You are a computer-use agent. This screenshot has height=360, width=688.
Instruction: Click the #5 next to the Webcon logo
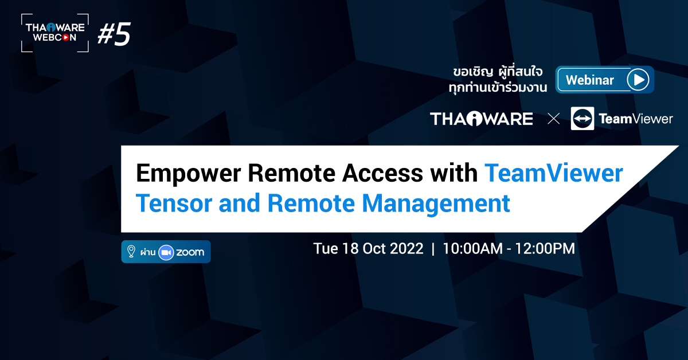114,35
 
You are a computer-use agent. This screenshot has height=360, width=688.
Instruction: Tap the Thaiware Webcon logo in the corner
55,33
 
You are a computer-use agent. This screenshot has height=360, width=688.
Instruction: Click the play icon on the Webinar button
637,80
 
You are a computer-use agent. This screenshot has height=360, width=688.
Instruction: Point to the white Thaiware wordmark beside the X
481,119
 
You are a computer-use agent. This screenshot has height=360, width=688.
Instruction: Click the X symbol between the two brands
553,119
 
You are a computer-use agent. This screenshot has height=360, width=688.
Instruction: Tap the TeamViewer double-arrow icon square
583,119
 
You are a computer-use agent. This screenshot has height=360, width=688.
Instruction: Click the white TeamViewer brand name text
635,119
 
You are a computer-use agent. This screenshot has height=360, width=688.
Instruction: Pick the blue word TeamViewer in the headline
553,173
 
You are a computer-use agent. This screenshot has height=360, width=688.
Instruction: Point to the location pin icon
131,252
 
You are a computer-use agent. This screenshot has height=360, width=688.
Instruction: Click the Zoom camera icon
166,252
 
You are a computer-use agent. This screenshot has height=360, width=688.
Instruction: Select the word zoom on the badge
190,252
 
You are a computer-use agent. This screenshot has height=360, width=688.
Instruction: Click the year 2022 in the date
405,249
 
